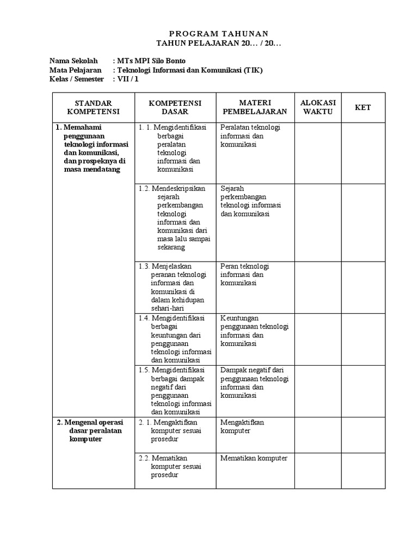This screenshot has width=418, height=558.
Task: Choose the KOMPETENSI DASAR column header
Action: point(175,107)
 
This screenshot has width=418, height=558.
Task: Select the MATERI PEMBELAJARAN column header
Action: point(255,107)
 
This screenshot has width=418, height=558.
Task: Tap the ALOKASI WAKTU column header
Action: point(318,107)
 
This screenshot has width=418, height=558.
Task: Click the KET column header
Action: point(363,107)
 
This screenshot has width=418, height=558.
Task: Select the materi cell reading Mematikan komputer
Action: point(254,458)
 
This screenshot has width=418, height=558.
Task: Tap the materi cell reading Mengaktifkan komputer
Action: point(243,427)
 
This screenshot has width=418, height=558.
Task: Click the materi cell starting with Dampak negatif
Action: point(254,383)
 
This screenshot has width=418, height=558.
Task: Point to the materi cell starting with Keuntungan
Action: point(254,331)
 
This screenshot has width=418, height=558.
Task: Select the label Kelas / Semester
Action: point(77,80)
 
